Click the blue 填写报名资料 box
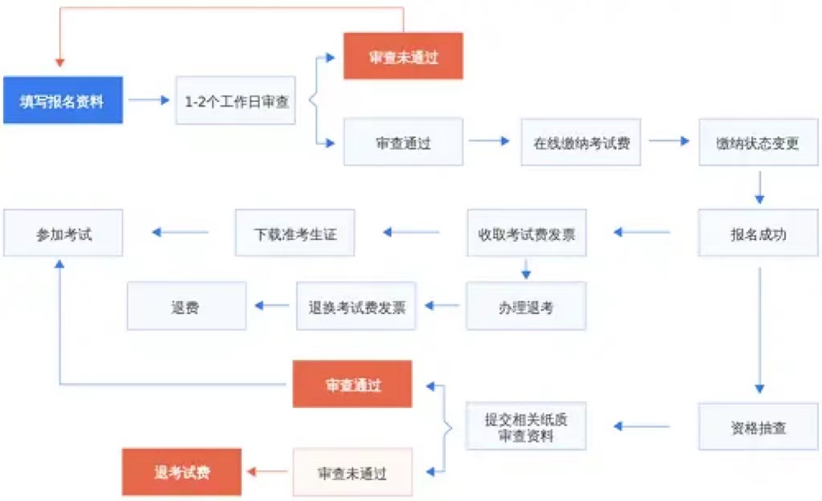pos(63,100)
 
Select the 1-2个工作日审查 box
pos(235,100)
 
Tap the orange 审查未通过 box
pos(403,56)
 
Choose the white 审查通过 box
pos(403,142)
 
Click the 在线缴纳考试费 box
pos(580,142)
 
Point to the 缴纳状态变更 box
pos(758,142)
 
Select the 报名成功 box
pos(758,233)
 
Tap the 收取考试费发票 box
pos(527,233)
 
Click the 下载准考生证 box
pos(295,233)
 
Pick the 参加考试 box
pos(63,233)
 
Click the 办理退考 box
pos(526,306)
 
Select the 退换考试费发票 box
pos(356,306)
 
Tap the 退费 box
pos(186,306)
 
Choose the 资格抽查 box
pos(758,426)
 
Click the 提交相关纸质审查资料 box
pos(526,426)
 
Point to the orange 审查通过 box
pos(352,384)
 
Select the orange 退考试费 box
pos(181,472)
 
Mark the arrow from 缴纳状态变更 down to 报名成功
pos(759,188)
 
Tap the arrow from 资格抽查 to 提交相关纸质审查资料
pos(642,426)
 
